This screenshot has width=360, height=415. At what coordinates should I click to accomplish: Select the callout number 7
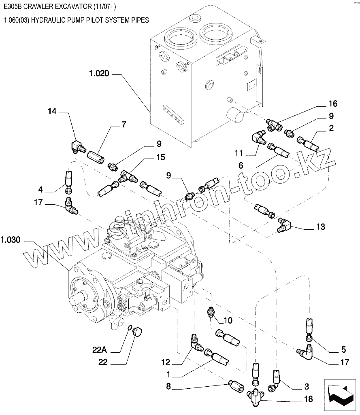(124, 124)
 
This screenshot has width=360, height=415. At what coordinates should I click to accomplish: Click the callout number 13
(320, 227)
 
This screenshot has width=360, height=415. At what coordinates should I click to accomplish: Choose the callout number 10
(228, 321)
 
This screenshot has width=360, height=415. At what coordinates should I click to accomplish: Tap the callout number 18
(308, 399)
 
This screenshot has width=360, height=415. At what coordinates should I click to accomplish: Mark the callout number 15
(161, 157)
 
